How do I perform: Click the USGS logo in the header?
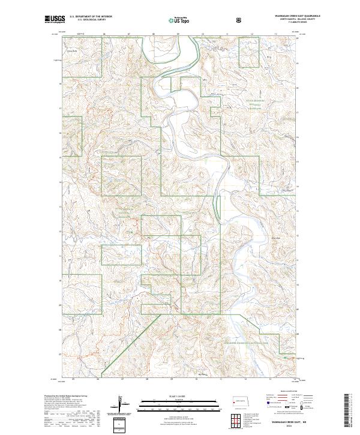(55, 20)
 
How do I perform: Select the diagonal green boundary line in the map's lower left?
(129, 342)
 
